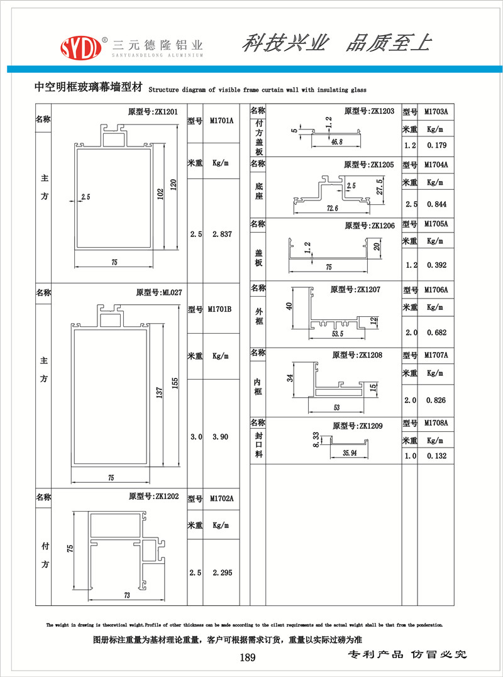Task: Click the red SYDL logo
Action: click(80, 47)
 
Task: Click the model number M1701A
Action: click(221, 121)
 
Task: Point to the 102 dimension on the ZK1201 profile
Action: click(160, 195)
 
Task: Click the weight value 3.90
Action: click(221, 437)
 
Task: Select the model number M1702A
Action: click(221, 498)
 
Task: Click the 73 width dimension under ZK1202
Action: click(127, 595)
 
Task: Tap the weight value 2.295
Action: click(223, 573)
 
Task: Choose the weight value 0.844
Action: click(436, 204)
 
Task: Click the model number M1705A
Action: click(436, 224)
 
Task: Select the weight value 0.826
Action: click(436, 400)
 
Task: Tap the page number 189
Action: click(248, 658)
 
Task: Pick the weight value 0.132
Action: click(436, 456)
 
